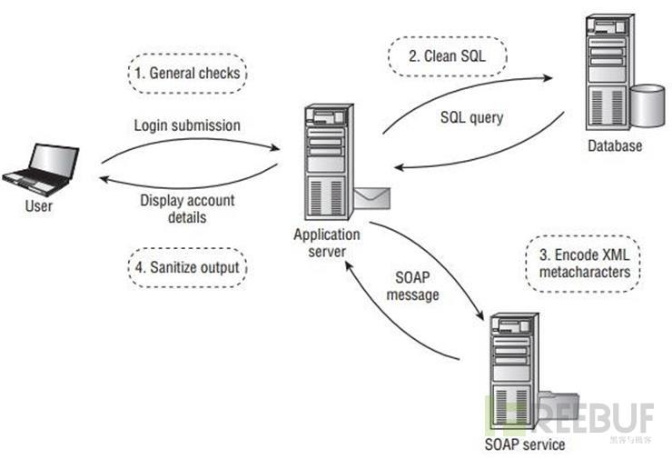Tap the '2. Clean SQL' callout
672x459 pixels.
click(448, 55)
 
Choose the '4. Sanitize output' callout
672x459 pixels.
click(186, 267)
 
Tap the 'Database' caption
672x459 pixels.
click(613, 145)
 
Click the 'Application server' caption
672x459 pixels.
click(326, 242)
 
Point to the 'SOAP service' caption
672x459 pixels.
click(526, 444)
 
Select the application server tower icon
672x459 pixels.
click(326, 164)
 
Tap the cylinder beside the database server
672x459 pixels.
click(647, 106)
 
